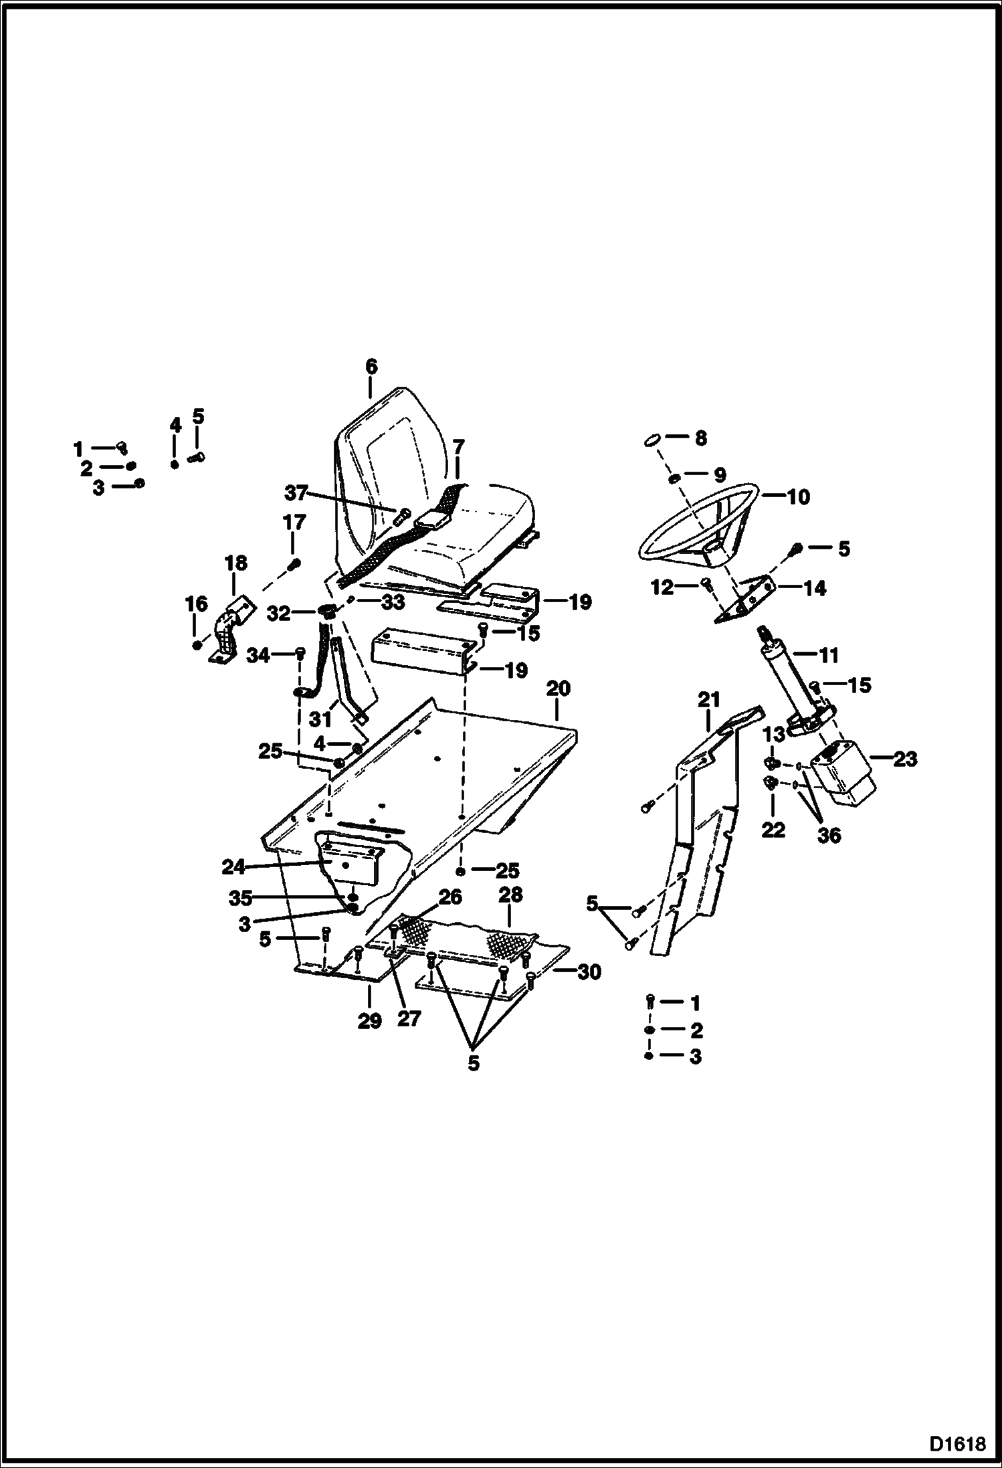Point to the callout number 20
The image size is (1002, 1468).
click(x=559, y=688)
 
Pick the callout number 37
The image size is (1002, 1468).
click(x=296, y=493)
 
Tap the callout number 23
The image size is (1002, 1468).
click(x=905, y=759)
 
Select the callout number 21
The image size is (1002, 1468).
click(x=708, y=700)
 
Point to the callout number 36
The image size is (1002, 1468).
click(x=829, y=835)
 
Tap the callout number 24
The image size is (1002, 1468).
click(x=233, y=867)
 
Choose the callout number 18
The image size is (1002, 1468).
click(x=236, y=563)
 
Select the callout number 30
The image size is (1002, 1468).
click(x=589, y=972)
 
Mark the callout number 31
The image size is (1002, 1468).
click(x=321, y=719)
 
